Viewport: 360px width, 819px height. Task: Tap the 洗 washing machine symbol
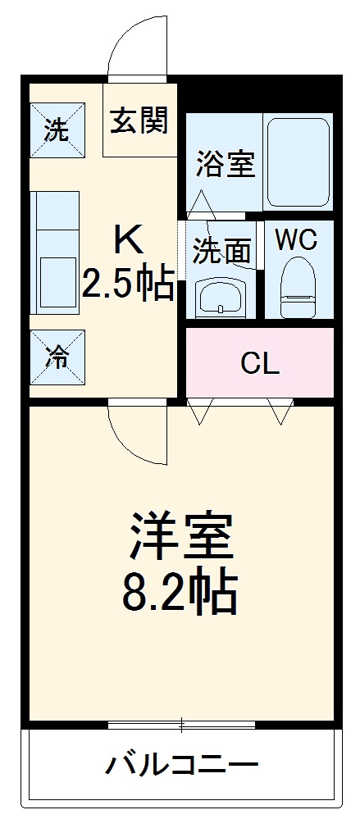coord(56,130)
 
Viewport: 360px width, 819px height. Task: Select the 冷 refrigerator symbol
coord(56,357)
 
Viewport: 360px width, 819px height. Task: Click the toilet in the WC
coord(296,287)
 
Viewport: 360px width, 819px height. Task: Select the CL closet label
coord(260,363)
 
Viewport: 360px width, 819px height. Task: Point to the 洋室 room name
coord(180,537)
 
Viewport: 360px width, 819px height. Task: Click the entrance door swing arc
coord(131,45)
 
